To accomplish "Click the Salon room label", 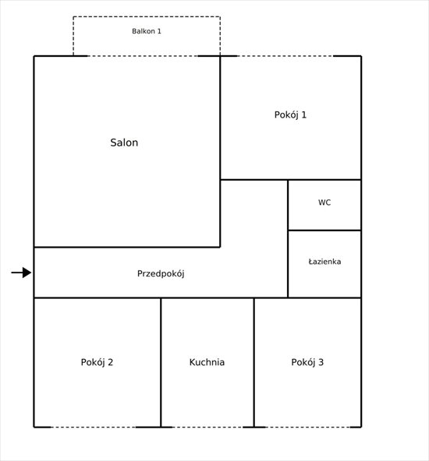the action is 124,143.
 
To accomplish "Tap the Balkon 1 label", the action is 147,31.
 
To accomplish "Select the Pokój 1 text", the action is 290,115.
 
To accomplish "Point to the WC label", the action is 324,202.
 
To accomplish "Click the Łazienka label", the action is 324,262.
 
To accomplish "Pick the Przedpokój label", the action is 161,274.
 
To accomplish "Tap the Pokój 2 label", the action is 97,362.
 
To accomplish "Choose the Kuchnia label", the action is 207,362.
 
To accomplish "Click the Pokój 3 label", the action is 307,362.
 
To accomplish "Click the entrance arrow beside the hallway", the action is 21,273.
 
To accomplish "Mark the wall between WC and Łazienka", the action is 324,230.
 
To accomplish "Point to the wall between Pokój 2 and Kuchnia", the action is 161,363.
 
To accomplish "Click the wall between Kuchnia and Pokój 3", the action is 253,363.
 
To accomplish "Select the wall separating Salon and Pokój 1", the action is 220,118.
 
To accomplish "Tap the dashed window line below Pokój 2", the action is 94,427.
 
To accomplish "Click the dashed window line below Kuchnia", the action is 207,427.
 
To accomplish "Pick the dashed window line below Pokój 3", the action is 308,427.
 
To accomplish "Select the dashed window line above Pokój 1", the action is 285,56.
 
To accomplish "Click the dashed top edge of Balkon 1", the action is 147,16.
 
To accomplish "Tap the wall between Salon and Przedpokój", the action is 127,248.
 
